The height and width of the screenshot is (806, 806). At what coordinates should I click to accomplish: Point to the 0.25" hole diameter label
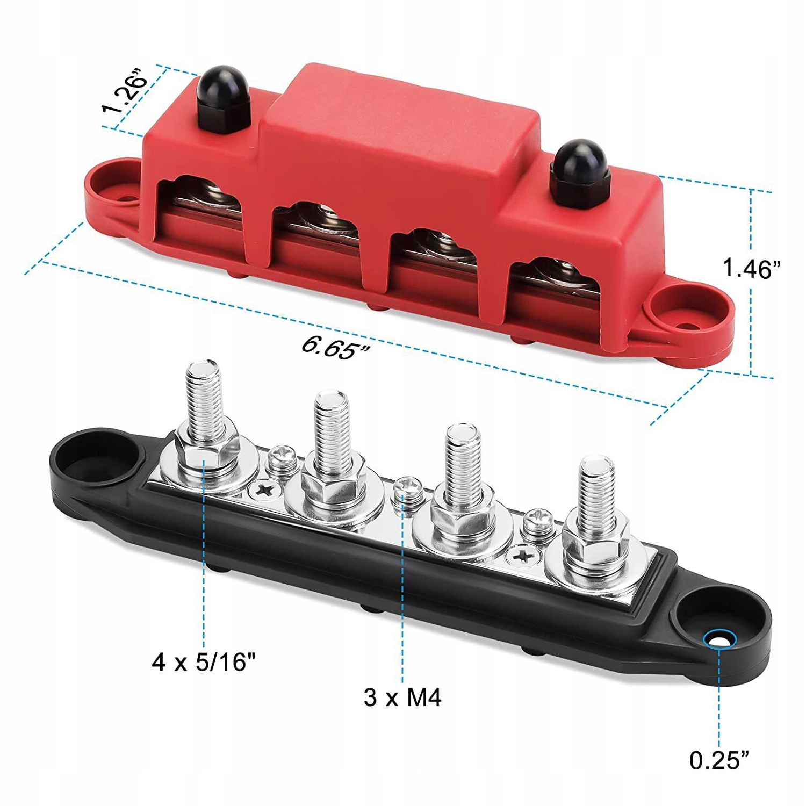[719, 759]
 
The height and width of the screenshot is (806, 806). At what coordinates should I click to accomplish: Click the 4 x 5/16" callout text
[203, 662]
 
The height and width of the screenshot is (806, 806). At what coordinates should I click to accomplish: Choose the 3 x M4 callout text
[402, 697]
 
